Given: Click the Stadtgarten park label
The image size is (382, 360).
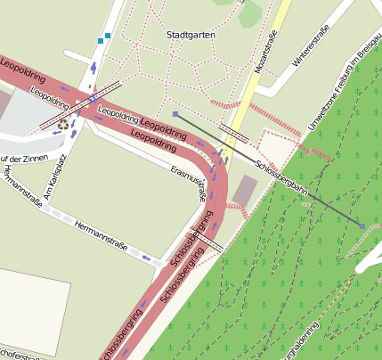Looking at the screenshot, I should [x=191, y=35].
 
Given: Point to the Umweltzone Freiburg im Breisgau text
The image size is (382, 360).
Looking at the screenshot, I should [x=344, y=90].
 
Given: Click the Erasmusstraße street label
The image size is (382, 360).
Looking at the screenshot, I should [x=190, y=182].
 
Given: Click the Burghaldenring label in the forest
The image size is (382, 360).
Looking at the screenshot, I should [x=308, y=344].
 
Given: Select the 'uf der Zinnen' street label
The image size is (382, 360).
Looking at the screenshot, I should [x=21, y=160].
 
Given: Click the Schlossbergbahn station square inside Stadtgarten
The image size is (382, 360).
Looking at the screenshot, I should [x=175, y=114].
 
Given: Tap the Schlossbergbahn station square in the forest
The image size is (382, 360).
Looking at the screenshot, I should [x=362, y=226].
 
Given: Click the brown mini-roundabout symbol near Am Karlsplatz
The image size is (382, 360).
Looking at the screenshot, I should [x=63, y=125].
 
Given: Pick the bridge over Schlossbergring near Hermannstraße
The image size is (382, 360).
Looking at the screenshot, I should [x=207, y=241].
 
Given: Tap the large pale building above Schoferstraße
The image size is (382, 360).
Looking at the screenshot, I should [x=31, y=303].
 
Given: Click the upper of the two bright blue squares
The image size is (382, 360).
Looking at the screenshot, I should [x=108, y=36].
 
